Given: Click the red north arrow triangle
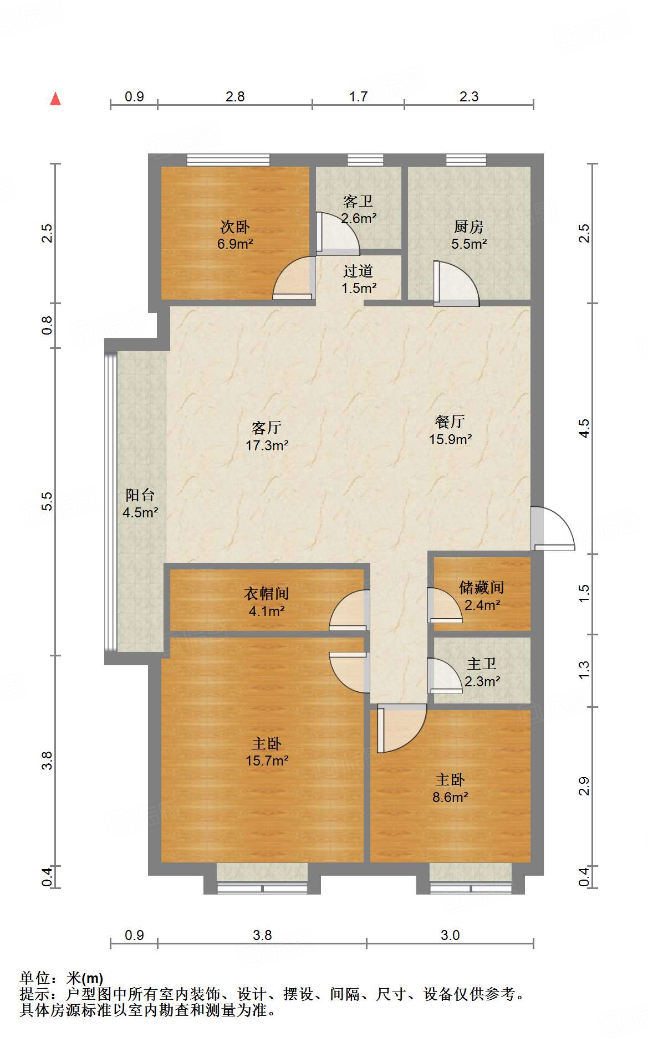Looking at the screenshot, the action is pos(55,99).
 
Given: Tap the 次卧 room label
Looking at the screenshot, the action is pos(235,227).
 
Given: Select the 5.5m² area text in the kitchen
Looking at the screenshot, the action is pos(469,244).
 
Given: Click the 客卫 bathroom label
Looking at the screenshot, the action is pos(358,201).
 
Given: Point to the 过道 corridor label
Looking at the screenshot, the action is pos(358,271).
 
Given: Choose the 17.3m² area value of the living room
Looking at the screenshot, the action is pos(267,445).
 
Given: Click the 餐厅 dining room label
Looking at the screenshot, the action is pos(450,422).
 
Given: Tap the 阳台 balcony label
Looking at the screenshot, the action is pos(140,495).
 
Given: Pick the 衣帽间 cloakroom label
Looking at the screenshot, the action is pos(267,594).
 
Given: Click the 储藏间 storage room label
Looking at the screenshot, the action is pos(482,587).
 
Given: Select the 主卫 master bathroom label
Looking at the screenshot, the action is pos(482,664).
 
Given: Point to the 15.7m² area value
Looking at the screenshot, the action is pos(267,761).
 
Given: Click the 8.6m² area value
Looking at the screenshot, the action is pos(450,798).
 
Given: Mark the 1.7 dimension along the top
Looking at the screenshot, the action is pos(358,97).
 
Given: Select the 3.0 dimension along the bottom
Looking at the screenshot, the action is pos(450,936).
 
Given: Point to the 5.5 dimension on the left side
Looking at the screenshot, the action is pos(47,501).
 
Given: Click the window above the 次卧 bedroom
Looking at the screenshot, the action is pos(228,160).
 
